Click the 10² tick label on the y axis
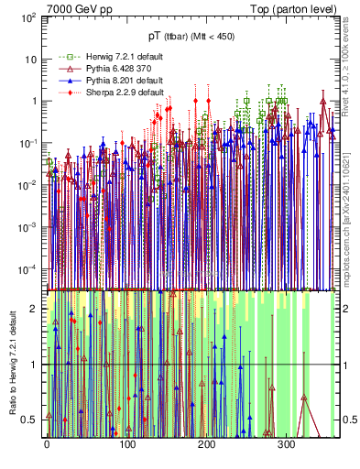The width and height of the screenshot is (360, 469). pos(27,17)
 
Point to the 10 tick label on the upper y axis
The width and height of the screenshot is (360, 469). pos(29,60)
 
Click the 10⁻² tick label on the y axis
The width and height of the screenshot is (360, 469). pos(27,185)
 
